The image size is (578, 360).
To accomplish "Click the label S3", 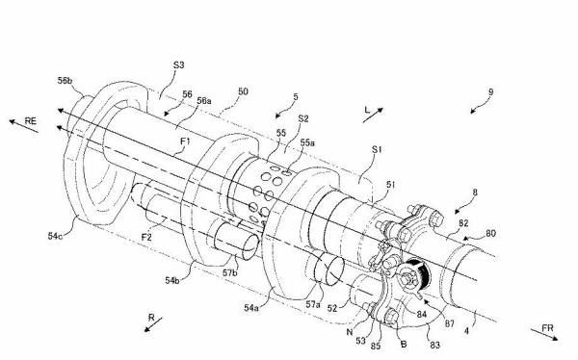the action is pyautogui.click(x=179, y=65).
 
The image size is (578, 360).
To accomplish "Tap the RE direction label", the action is pyautogui.click(x=31, y=120).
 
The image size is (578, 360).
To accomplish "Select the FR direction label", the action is pyautogui.click(x=548, y=327).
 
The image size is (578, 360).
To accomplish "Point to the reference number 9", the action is pyautogui.click(x=490, y=92).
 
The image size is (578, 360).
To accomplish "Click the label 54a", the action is pyautogui.click(x=251, y=307).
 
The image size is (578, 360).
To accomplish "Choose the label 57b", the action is pyautogui.click(x=230, y=273).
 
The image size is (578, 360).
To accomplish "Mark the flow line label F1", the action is pyautogui.click(x=185, y=141).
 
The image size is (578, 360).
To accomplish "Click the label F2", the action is pyautogui.click(x=146, y=238).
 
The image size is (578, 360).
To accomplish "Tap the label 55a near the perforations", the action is pyautogui.click(x=307, y=143).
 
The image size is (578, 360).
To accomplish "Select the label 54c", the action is pyautogui.click(x=55, y=236).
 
